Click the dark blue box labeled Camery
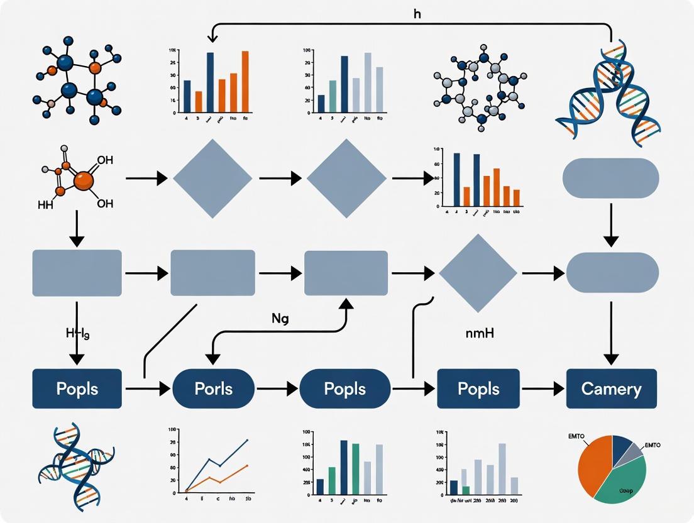click(611, 388)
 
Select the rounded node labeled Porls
click(213, 388)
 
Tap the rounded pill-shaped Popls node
click(344, 388)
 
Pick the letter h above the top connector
click(417, 13)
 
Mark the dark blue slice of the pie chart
click(621, 444)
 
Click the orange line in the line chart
click(220, 478)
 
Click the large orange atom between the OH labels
click(83, 181)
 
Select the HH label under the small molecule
click(46, 204)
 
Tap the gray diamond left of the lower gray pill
click(478, 273)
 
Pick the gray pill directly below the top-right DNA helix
click(610, 178)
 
